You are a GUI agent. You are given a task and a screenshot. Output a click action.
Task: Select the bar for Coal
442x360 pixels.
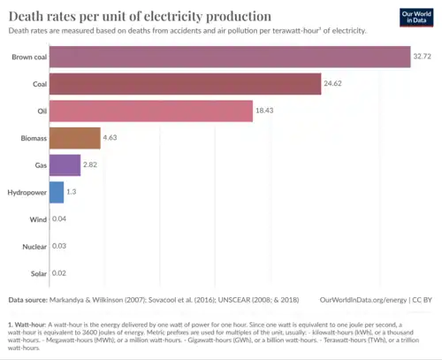click(x=185, y=84)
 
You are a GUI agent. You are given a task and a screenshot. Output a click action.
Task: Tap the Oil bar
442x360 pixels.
click(x=151, y=111)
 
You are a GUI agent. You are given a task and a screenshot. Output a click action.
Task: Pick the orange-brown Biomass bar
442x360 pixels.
click(x=75, y=138)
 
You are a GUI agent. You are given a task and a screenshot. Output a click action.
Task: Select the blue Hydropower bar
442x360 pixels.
click(x=57, y=192)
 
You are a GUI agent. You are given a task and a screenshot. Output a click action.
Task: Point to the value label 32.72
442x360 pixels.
click(x=423, y=57)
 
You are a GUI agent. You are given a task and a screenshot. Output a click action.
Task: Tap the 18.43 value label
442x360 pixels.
click(x=267, y=111)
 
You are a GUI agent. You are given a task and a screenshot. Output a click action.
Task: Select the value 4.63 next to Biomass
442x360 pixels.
click(x=111, y=138)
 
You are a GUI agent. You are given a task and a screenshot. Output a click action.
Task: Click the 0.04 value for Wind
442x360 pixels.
click(x=59, y=218)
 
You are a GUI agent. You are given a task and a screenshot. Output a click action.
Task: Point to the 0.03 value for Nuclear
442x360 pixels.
click(x=59, y=246)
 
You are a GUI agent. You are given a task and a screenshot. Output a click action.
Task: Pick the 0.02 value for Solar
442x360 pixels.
click(x=59, y=272)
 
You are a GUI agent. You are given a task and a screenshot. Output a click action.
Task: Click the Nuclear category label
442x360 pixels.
click(x=34, y=246)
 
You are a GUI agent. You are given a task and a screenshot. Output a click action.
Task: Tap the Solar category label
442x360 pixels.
click(x=37, y=272)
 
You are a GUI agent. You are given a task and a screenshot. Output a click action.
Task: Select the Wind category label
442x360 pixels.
click(x=37, y=218)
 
